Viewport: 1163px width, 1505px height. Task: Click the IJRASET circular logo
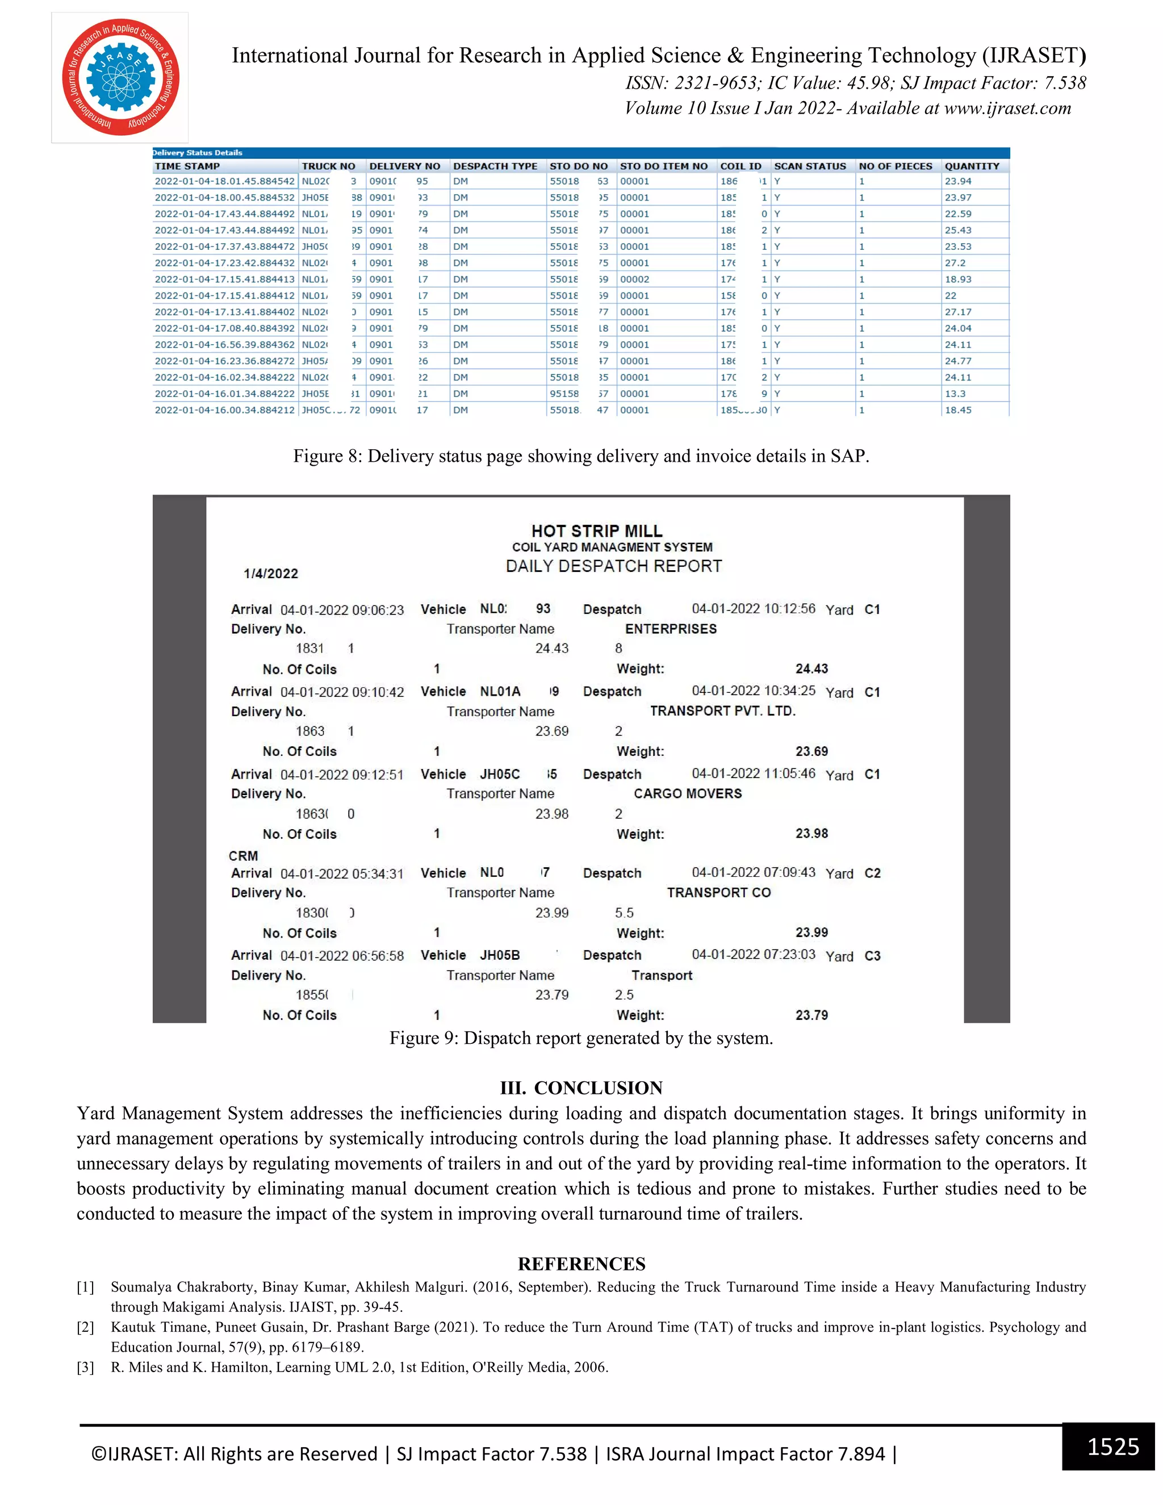click(120, 77)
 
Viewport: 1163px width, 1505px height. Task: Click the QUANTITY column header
click(972, 166)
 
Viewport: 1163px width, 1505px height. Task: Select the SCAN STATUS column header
click(810, 166)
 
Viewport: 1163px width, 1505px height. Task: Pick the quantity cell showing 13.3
click(955, 394)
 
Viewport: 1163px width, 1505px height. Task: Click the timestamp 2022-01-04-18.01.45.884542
click(225, 181)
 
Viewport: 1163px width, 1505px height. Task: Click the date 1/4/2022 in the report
click(271, 574)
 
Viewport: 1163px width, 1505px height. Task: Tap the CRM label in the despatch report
click(243, 856)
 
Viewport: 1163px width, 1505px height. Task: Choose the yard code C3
click(872, 956)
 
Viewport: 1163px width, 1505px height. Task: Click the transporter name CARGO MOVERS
click(688, 794)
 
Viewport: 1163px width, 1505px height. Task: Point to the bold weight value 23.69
click(811, 752)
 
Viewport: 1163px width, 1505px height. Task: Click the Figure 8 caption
click(581, 456)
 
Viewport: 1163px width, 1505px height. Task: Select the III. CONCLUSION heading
click(581, 1088)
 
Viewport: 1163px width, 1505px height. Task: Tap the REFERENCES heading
click(581, 1264)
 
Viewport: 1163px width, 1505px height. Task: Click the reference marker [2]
click(85, 1327)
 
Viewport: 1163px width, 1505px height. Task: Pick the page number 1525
click(1112, 1447)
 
